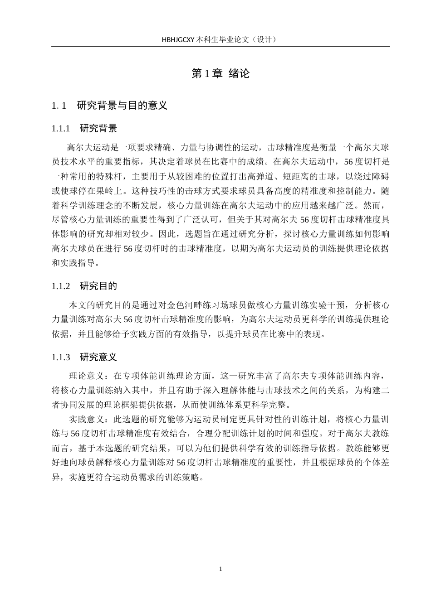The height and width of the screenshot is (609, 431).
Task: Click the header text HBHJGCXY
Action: (178, 39)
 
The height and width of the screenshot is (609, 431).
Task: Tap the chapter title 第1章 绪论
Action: (220, 73)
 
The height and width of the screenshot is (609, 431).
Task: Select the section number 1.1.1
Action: (61, 129)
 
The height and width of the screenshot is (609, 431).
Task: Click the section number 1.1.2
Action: (61, 286)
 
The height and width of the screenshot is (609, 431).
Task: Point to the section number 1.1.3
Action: (61, 358)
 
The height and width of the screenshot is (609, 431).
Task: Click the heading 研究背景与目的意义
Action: (122, 106)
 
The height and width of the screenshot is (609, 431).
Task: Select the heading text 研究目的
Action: (98, 286)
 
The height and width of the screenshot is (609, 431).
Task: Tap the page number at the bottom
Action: (220, 569)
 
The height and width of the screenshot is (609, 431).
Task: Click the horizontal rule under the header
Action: (220, 46)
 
